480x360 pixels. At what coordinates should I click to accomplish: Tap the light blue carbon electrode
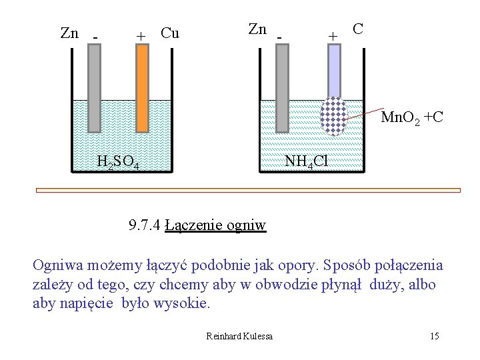tap(333, 70)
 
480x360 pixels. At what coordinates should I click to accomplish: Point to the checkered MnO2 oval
tap(333, 116)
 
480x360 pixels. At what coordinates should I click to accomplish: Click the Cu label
tap(170, 33)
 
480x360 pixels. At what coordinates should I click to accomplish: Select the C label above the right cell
tap(358, 29)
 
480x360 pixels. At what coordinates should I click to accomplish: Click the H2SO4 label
tap(117, 161)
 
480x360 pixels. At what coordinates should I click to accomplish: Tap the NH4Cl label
tap(306, 161)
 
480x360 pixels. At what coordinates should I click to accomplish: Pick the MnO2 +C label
tap(411, 119)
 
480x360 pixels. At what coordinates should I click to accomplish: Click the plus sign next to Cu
tap(141, 35)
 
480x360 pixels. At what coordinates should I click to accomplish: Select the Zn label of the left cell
tap(69, 33)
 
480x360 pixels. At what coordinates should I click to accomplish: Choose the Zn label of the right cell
tap(257, 29)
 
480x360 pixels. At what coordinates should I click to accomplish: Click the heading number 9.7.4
tap(145, 225)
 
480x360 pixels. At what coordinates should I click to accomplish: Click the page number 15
tap(434, 335)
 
